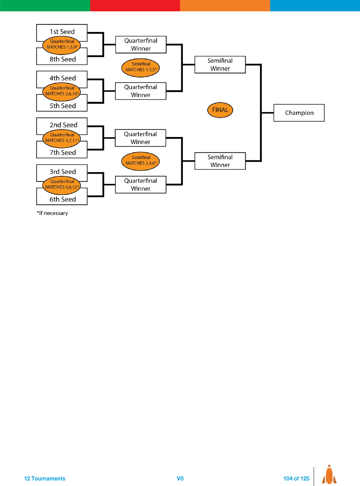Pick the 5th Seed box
pyautogui.click(x=62, y=106)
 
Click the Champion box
pyautogui.click(x=299, y=113)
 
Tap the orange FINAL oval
pyautogui.click(x=220, y=110)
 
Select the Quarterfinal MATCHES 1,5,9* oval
pyautogui.click(x=62, y=45)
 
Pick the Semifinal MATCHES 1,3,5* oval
pyautogui.click(x=140, y=67)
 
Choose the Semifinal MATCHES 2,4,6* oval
pyautogui.click(x=140, y=161)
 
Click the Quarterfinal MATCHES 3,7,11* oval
pyautogui.click(x=62, y=138)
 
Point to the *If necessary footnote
pyautogui.click(x=52, y=213)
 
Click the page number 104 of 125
pyautogui.click(x=296, y=479)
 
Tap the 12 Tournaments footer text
pyautogui.click(x=45, y=479)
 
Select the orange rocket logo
pyautogui.click(x=329, y=475)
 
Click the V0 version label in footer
pyautogui.click(x=180, y=479)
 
